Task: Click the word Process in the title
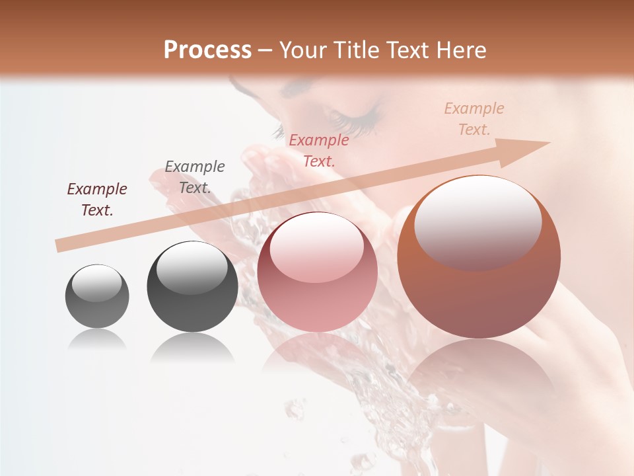(x=207, y=50)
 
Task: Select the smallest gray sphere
(x=97, y=296)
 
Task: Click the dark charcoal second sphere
(x=192, y=286)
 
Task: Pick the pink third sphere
(x=318, y=272)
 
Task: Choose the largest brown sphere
(x=479, y=257)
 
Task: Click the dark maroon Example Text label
(x=97, y=200)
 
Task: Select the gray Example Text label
(x=195, y=177)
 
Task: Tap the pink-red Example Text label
(x=319, y=150)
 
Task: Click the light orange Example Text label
(x=474, y=119)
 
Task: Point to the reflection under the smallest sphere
(x=97, y=340)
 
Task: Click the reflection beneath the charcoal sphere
(x=192, y=347)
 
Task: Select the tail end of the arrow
(x=59, y=246)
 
